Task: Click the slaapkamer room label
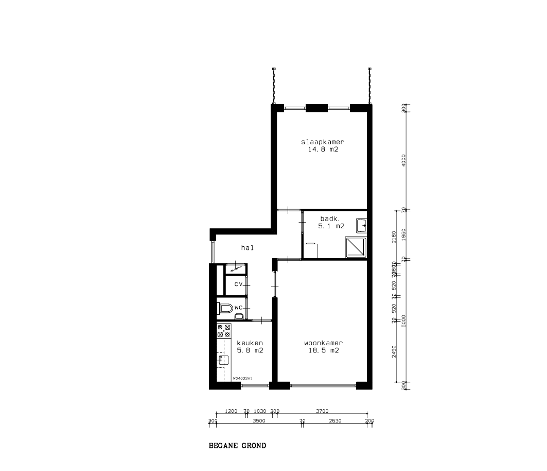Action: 322,142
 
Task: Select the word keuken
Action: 250,343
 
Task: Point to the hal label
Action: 248,248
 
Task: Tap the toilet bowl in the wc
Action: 225,309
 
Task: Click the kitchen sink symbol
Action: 223,360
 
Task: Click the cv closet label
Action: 238,284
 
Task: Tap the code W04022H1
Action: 242,378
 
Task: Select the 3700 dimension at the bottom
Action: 322,411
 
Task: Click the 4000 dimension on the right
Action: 404,159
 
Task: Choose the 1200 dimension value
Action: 231,411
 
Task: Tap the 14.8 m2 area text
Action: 322,149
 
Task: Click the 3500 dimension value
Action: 259,421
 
